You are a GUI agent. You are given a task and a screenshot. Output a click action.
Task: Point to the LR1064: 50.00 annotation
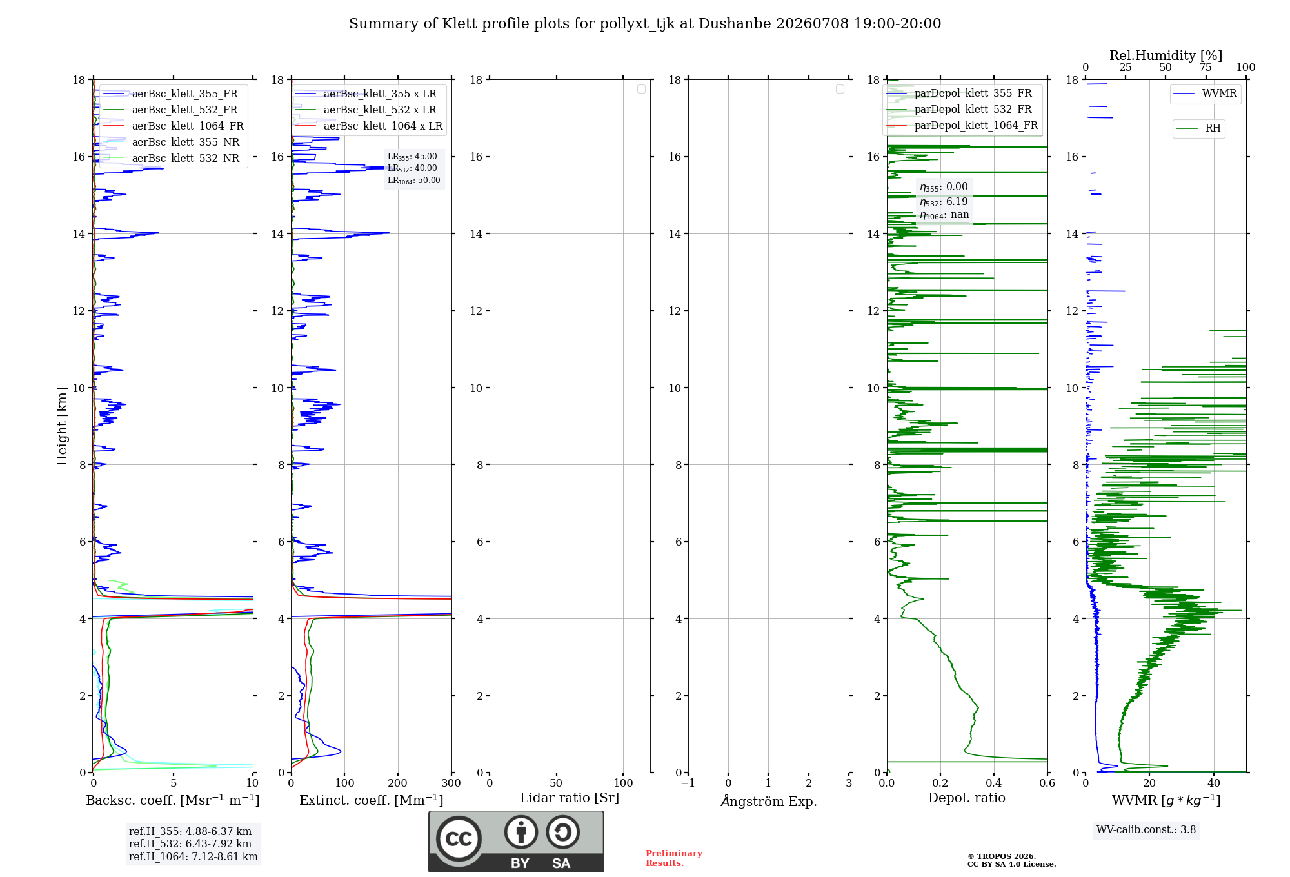pyautogui.click(x=413, y=181)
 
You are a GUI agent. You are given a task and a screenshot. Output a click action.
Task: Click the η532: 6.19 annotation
pyautogui.click(x=944, y=202)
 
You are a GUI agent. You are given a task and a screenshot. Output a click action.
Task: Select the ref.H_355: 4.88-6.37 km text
pyautogui.click(x=190, y=832)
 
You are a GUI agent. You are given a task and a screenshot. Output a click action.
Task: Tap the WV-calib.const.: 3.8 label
pyautogui.click(x=1146, y=830)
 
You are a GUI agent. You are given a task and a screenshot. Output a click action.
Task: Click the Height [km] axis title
pyautogui.click(x=62, y=426)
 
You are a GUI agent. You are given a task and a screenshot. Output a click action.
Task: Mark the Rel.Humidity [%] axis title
pyautogui.click(x=1166, y=55)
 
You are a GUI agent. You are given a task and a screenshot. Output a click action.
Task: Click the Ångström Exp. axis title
pyautogui.click(x=769, y=801)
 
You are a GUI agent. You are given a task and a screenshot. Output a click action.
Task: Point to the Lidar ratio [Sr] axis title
pyautogui.click(x=570, y=798)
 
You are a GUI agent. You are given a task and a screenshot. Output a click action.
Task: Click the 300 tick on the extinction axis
pyautogui.click(x=451, y=783)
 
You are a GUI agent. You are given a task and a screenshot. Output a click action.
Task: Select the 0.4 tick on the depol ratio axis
pyautogui.click(x=994, y=783)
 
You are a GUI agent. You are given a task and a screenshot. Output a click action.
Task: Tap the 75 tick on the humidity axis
pyautogui.click(x=1206, y=67)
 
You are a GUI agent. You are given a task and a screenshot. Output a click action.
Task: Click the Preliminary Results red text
pyautogui.click(x=674, y=858)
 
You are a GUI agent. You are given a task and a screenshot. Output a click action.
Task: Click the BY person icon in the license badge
pyautogui.click(x=521, y=832)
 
